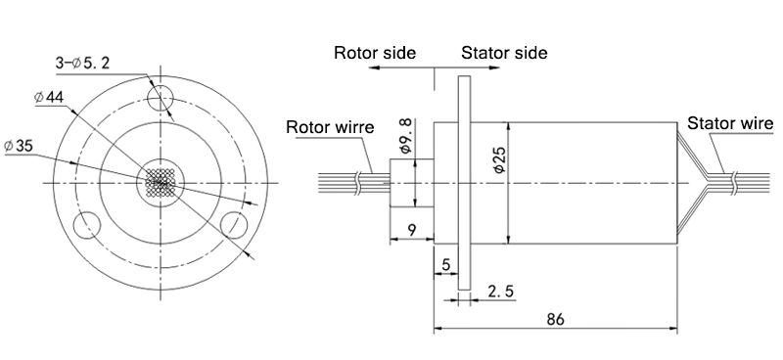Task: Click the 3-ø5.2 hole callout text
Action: [x=82, y=64]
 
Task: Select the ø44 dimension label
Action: [x=49, y=97]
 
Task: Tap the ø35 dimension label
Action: [x=19, y=146]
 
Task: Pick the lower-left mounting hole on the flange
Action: [x=86, y=225]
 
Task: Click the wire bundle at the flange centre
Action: [x=160, y=182]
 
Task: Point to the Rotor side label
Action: [x=375, y=53]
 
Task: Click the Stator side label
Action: [x=504, y=53]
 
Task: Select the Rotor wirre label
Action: [x=330, y=127]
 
